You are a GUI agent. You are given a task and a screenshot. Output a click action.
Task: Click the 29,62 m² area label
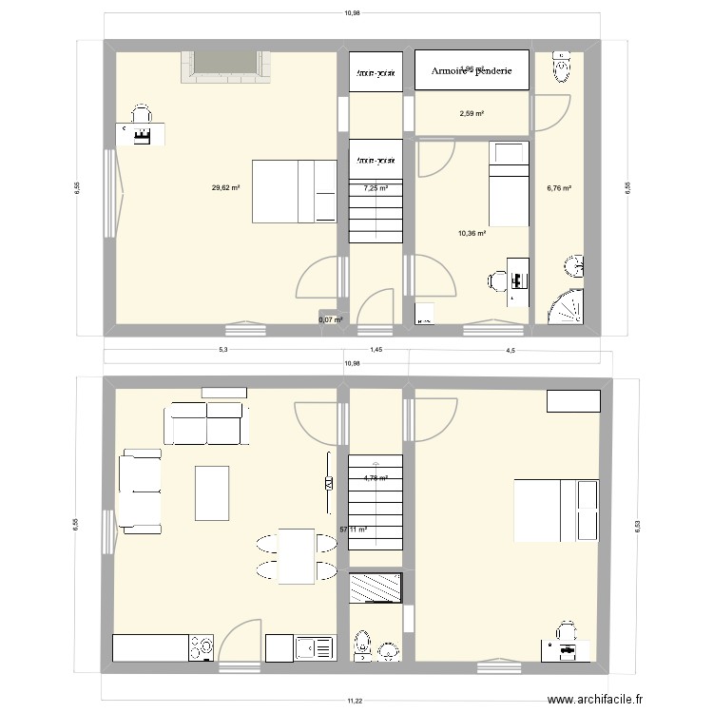[225, 188]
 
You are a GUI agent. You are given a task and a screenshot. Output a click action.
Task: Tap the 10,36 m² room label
[472, 233]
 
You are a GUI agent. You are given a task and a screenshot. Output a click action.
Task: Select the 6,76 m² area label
[558, 188]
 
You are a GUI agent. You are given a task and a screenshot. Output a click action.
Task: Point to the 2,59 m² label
[472, 114]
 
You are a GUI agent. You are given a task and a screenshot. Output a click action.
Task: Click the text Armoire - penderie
[472, 70]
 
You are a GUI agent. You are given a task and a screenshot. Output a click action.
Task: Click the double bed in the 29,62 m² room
[295, 191]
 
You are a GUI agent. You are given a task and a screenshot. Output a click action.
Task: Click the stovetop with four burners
[201, 647]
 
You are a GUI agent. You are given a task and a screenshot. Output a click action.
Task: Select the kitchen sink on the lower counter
[308, 648]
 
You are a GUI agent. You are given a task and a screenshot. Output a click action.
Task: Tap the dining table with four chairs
[296, 556]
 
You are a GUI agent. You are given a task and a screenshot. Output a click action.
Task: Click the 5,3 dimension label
[222, 351]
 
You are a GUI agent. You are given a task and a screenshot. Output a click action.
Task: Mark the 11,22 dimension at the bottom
[354, 700]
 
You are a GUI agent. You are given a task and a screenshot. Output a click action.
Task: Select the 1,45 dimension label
[376, 351]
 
